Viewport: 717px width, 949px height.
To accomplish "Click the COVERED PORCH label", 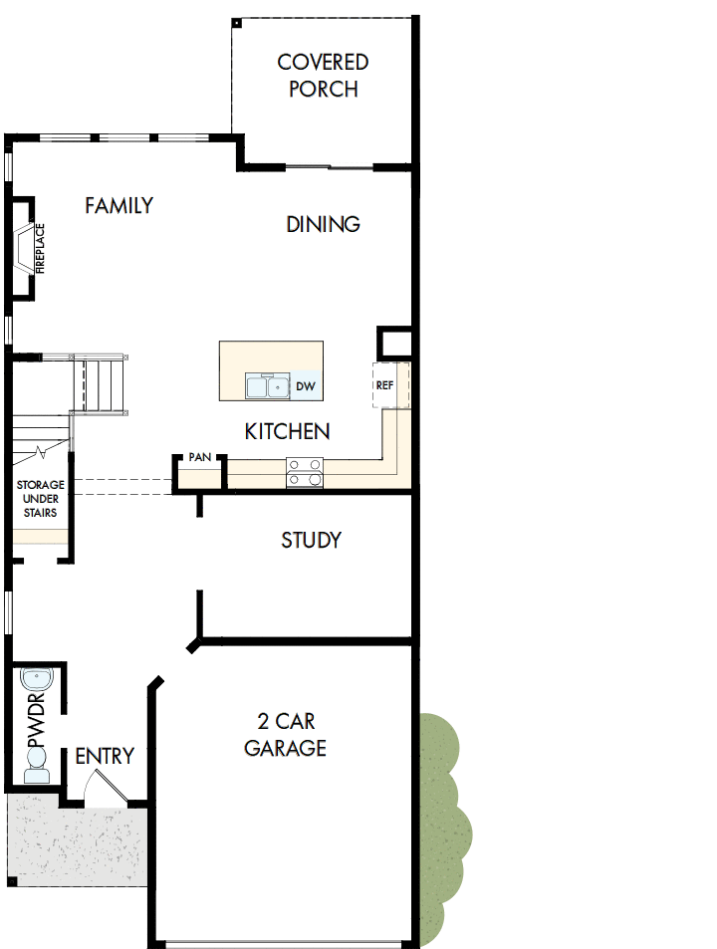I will pos(323,76).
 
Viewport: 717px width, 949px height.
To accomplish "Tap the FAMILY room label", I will pos(119,206).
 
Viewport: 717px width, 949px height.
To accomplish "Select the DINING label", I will pos(323,224).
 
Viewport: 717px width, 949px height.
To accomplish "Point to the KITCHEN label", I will pos(288,432).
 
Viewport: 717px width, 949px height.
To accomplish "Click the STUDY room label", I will pos(311,541).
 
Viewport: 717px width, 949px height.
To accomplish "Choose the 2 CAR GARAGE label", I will pos(286,734).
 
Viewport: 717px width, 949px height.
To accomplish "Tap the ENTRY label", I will pos(105,757).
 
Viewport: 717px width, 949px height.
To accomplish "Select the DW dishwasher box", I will pos(305,386).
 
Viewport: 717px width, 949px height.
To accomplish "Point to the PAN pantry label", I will pos(199,457).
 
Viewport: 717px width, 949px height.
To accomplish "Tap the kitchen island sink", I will pos(267,386).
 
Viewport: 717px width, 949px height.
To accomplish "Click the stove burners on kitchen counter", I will pos(305,471).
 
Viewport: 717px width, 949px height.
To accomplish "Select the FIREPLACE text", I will pos(41,248).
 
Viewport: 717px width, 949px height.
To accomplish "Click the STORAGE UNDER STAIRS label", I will pos(39,499).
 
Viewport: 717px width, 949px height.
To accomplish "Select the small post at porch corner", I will pos(237,22).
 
